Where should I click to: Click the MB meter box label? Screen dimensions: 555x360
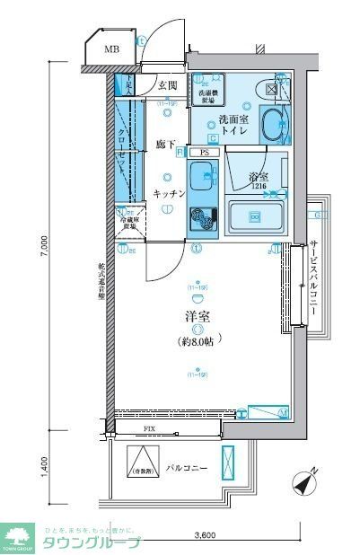112,49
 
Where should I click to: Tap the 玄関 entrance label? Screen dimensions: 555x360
168,86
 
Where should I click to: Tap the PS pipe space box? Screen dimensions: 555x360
205,153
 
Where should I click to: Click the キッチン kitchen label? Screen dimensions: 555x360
168,193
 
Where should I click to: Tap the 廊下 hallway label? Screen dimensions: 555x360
164,144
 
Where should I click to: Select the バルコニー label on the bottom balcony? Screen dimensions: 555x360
187,469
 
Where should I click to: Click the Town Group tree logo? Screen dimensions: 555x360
17,535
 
